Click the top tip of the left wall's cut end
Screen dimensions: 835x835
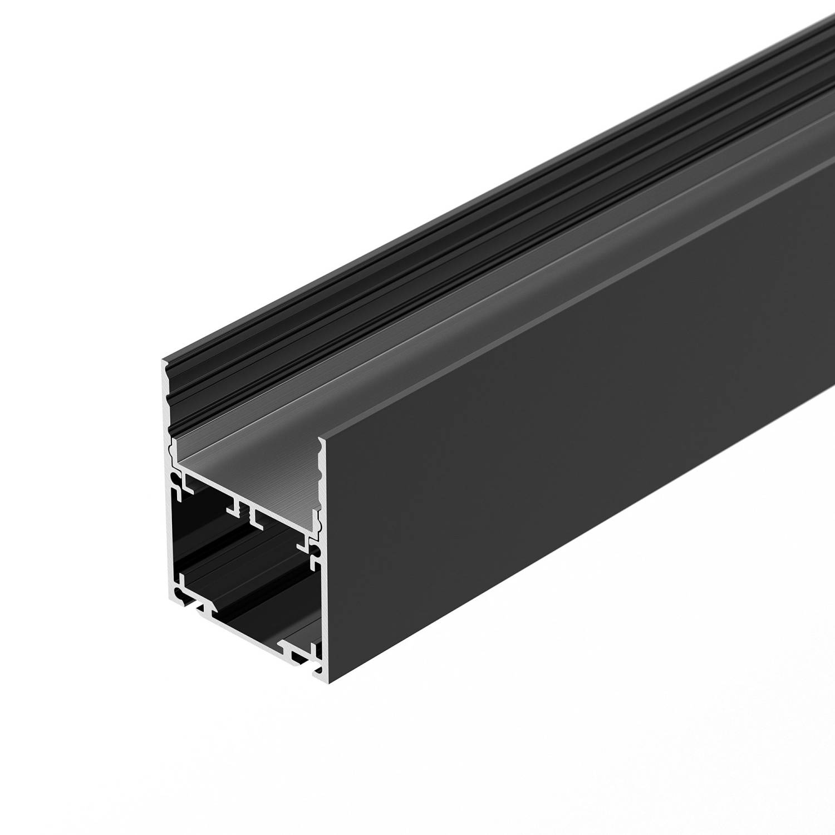pos(163,362)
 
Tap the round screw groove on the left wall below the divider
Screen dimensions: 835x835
pos(176,480)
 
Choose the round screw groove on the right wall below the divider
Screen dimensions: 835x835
pos(315,551)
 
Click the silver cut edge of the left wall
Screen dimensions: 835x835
pos(168,529)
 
